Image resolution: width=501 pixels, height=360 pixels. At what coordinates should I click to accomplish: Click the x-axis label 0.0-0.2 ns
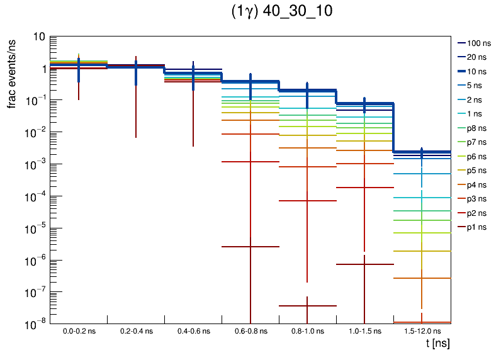(79, 330)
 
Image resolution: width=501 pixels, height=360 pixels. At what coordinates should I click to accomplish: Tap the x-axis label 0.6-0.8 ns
(250, 330)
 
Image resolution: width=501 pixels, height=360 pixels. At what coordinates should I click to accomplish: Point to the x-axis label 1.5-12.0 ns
(422, 330)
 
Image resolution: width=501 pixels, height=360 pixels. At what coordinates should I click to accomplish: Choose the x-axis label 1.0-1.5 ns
(364, 330)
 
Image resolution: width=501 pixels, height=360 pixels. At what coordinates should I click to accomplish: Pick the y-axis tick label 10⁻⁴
(35, 196)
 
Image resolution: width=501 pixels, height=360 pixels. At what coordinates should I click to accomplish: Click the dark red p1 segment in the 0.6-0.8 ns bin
(239, 247)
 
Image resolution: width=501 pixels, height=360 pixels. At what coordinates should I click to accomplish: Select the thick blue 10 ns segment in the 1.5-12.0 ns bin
(434, 151)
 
